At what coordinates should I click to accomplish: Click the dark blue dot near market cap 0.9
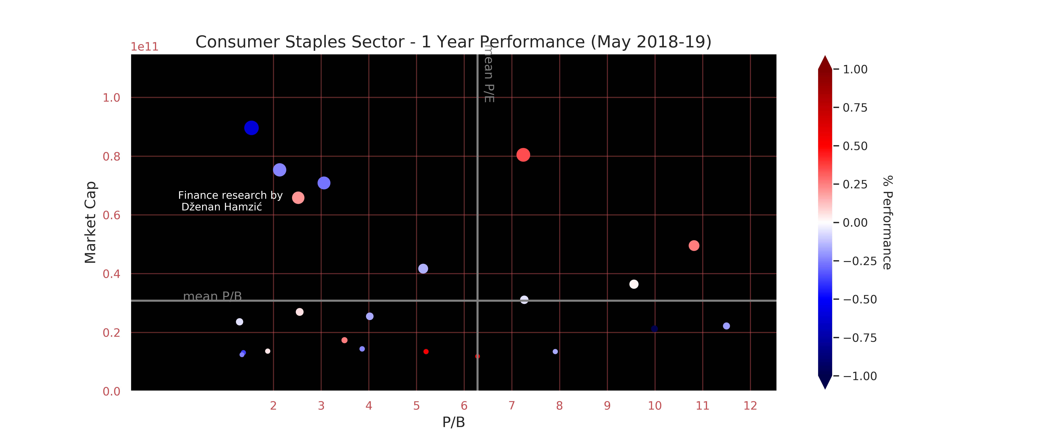pyautogui.click(x=252, y=128)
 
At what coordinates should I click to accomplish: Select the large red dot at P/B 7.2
pyautogui.click(x=523, y=155)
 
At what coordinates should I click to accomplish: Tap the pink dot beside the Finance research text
pyautogui.click(x=298, y=198)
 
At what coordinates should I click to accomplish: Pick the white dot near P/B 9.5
pyautogui.click(x=634, y=284)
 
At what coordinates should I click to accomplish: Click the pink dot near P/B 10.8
pyautogui.click(x=694, y=245)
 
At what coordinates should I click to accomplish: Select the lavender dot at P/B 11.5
pyautogui.click(x=726, y=326)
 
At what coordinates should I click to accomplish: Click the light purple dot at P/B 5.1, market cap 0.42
pyautogui.click(x=423, y=268)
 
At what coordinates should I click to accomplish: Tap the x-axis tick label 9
pyautogui.click(x=607, y=406)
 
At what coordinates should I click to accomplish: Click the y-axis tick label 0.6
pyautogui.click(x=111, y=215)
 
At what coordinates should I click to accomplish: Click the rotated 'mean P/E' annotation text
pyautogui.click(x=489, y=75)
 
